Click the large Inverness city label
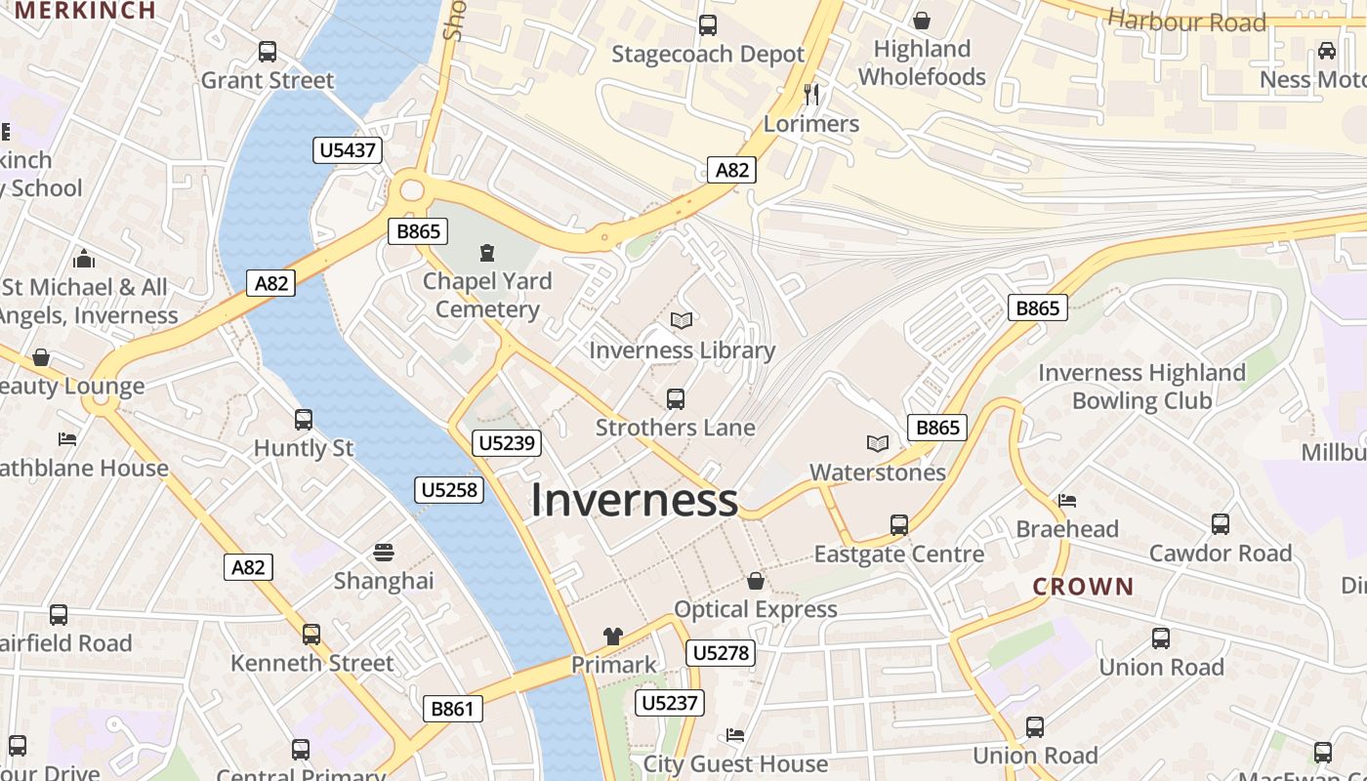(634, 500)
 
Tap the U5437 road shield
(347, 150)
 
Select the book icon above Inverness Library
(682, 320)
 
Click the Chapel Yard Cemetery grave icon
(487, 253)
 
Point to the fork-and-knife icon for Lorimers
(811, 95)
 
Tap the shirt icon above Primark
(612, 637)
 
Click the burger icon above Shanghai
(384, 553)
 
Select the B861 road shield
(452, 708)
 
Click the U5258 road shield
(449, 489)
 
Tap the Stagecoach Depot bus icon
(708, 25)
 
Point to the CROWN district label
(1083, 587)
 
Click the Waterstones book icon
(878, 444)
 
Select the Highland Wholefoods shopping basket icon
(921, 21)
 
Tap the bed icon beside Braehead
(1067, 501)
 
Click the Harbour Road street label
(1186, 21)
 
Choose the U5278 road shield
(721, 652)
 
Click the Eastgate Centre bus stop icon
(899, 525)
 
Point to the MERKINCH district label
(86, 11)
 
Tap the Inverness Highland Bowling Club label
(1141, 387)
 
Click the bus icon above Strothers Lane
(675, 398)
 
